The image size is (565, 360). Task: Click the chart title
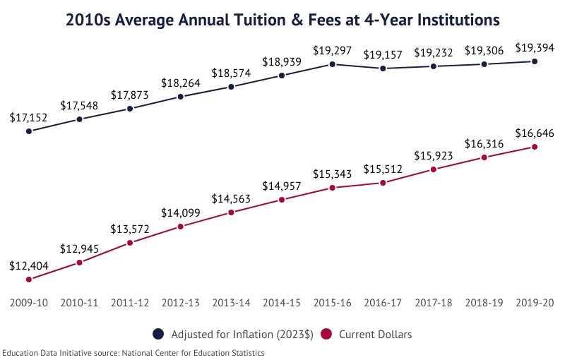(x=282, y=20)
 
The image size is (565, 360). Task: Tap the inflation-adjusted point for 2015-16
(x=332, y=64)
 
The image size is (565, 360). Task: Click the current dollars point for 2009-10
(x=29, y=280)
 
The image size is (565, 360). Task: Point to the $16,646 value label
(x=535, y=133)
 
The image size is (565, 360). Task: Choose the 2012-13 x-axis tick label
(x=181, y=303)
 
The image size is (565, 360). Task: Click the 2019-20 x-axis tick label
(x=535, y=303)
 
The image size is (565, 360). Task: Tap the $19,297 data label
(x=332, y=50)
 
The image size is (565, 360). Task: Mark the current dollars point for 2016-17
(x=383, y=183)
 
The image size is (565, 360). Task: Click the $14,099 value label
(x=181, y=212)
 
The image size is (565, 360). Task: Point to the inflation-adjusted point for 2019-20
(x=535, y=61)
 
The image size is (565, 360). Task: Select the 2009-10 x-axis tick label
(x=29, y=303)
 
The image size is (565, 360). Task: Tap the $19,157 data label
(x=383, y=54)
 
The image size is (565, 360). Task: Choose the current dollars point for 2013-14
(x=231, y=212)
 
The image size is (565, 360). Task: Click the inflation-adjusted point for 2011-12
(x=130, y=109)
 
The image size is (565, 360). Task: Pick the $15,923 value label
(x=433, y=155)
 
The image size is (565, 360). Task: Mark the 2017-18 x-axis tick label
(x=433, y=303)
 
